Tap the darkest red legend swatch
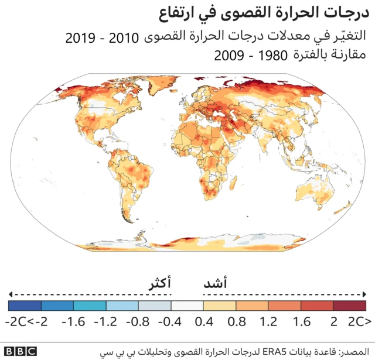point(350,306)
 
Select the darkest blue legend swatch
point(25,306)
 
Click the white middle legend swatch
point(187,306)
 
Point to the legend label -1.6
point(74,321)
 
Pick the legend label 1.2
point(268,321)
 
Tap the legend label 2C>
point(359,321)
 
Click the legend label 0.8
point(236,321)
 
